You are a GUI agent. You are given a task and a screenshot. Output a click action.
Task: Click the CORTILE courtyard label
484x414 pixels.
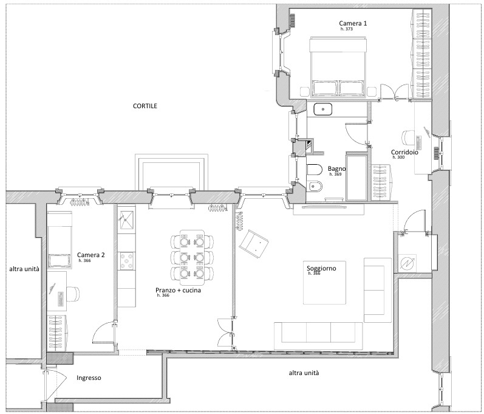click(x=145, y=106)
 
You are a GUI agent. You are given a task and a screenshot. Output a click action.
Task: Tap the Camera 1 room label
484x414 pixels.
click(x=353, y=23)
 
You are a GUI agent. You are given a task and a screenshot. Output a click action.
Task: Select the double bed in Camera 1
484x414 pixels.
click(x=338, y=67)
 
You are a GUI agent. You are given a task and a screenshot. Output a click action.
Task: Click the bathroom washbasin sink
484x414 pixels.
click(x=323, y=109)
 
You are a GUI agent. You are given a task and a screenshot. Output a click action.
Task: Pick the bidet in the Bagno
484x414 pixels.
click(x=315, y=187)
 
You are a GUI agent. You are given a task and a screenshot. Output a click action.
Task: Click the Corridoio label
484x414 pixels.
click(x=404, y=152)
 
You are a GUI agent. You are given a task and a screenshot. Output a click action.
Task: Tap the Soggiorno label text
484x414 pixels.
click(x=321, y=268)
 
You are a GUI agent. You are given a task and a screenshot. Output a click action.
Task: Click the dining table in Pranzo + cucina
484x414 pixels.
click(x=192, y=258)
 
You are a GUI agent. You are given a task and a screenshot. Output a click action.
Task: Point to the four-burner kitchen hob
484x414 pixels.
click(x=126, y=261)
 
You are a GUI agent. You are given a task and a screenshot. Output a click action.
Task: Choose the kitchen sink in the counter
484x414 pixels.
click(x=126, y=219)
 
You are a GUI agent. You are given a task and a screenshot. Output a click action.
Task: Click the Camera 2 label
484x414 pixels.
click(x=90, y=255)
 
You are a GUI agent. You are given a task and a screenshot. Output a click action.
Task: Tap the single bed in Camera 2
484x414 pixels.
click(x=60, y=240)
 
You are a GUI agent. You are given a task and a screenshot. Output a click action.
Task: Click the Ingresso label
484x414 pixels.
click(x=89, y=378)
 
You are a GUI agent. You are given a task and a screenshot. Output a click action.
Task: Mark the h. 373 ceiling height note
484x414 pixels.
click(x=347, y=29)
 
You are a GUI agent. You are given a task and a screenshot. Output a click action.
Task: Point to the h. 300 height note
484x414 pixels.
click(x=398, y=157)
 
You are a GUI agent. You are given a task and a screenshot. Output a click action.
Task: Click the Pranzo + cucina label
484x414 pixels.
click(x=178, y=290)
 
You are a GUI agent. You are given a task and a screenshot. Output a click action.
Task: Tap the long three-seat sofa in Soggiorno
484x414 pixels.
click(x=318, y=336)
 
